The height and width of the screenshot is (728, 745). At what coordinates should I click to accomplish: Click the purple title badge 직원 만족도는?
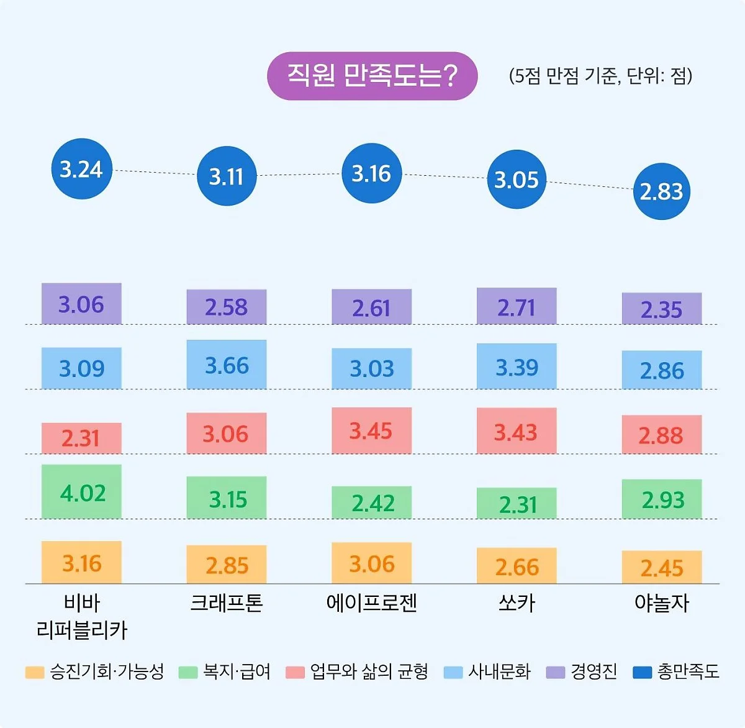[372, 76]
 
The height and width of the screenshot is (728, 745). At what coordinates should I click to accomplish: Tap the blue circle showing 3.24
[81, 169]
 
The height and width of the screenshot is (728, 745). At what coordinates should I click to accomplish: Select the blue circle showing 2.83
[661, 191]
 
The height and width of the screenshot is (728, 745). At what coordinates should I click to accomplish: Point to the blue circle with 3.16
[371, 173]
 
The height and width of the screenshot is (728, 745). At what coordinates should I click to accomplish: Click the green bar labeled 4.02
[81, 492]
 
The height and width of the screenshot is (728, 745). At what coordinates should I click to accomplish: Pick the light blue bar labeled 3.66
[227, 365]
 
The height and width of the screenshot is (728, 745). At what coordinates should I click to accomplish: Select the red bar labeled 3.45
[371, 430]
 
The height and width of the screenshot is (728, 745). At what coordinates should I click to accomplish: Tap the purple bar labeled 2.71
[517, 306]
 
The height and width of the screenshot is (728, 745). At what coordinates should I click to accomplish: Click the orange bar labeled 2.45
[662, 567]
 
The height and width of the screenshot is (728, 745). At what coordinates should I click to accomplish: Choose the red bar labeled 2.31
[81, 439]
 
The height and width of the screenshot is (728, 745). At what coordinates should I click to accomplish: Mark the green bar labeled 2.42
[371, 503]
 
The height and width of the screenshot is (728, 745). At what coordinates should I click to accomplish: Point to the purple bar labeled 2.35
[662, 309]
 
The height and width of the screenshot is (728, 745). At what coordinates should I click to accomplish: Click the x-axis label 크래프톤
[227, 603]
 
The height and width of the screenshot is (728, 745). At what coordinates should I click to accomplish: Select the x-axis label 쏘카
[517, 603]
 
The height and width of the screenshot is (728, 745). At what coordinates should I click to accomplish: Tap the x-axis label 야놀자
[662, 603]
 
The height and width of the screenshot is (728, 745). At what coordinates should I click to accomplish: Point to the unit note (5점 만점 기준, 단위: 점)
[600, 76]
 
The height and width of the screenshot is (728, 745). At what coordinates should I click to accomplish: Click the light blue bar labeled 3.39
[517, 366]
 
